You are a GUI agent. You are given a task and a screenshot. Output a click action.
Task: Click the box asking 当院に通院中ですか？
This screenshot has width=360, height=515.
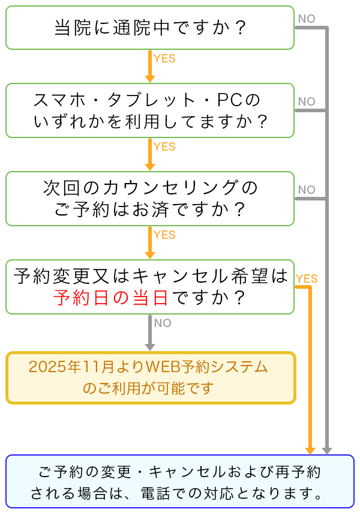pos(150,28)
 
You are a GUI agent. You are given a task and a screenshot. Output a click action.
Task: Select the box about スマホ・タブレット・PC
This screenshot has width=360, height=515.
pos(150,110)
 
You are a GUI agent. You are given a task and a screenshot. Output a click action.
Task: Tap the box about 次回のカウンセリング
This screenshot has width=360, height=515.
pos(150,199)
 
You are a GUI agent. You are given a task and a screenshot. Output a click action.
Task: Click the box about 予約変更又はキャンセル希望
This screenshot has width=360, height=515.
pos(150,286)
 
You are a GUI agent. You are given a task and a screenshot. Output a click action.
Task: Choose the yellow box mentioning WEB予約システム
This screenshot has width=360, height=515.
pos(151,378)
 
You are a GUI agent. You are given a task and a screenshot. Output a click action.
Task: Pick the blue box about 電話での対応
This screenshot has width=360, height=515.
pos(180,482)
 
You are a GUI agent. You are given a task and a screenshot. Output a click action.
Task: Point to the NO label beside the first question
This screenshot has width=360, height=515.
pos(306,19)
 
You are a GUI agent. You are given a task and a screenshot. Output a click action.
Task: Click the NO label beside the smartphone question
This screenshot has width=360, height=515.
pos(306,101)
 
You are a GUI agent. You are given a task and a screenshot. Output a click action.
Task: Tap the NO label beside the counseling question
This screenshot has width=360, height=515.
pos(306,190)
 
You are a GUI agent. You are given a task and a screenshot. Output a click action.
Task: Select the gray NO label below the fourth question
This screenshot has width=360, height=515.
pos(163,323)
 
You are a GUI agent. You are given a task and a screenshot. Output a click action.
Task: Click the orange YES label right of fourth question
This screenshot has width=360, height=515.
pos(307,279)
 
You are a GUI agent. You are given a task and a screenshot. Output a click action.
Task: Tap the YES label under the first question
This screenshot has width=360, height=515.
pos(164,59)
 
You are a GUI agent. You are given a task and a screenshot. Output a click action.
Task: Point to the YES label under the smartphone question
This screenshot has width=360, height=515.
pos(164,146)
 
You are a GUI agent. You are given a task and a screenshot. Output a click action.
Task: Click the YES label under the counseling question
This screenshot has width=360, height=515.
pos(164,235)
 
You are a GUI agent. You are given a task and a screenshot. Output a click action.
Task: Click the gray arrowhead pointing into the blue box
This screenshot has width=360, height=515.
pos(326,450)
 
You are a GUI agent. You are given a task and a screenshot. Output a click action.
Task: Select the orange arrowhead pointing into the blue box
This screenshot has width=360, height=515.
pos(310,450)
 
